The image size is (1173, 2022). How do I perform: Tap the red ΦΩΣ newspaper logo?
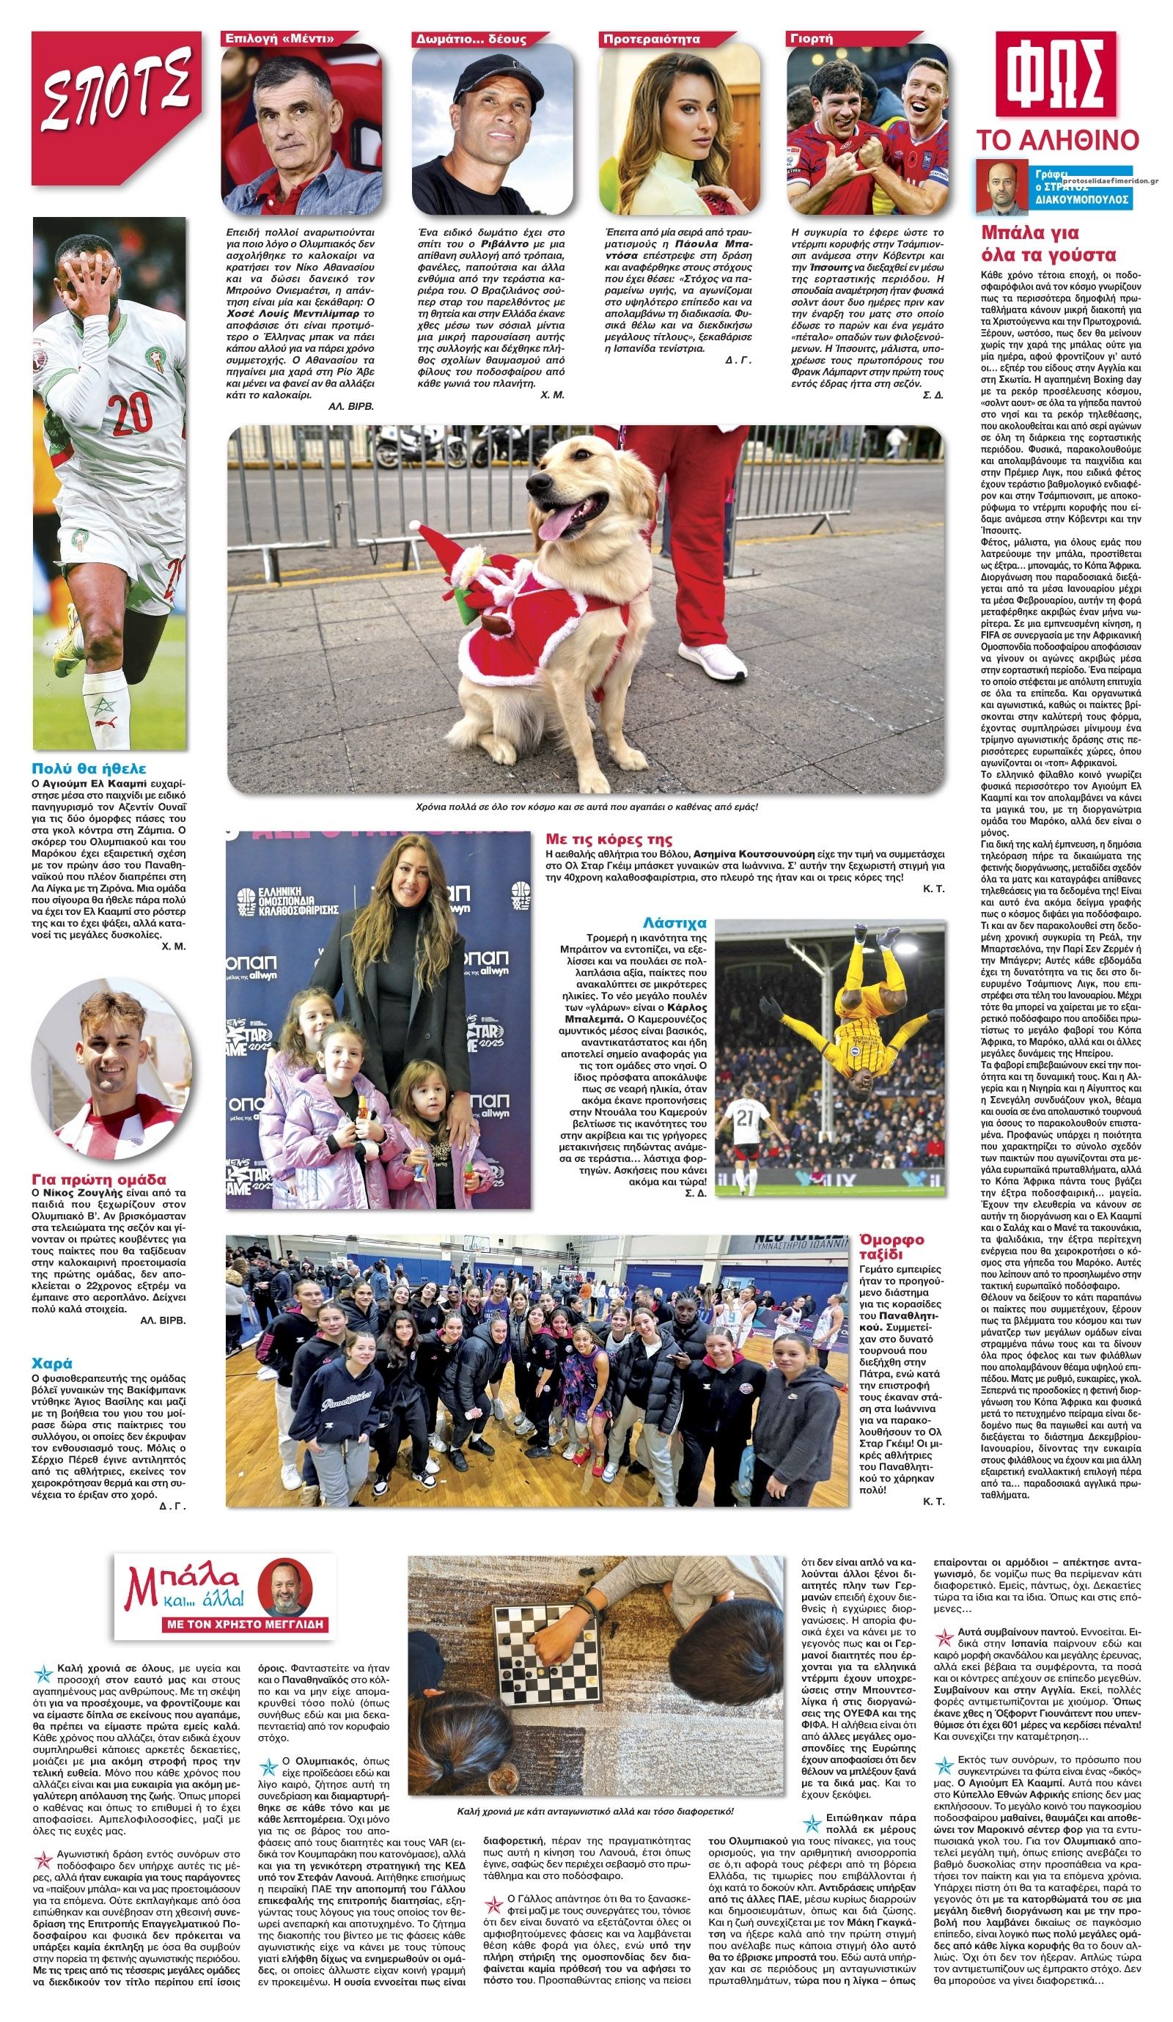[1055, 75]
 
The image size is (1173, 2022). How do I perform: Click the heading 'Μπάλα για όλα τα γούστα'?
[1048, 244]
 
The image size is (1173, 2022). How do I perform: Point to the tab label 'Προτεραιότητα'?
[652, 39]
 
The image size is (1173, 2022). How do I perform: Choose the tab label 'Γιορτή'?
[812, 39]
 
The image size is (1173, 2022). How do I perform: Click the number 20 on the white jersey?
[130, 413]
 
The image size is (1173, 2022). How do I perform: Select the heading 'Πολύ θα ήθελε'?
[89, 768]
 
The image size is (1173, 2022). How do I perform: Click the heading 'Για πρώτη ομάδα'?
[99, 1179]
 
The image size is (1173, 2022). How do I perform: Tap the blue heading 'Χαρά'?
[52, 1362]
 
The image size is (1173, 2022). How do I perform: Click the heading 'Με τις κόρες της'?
[608, 839]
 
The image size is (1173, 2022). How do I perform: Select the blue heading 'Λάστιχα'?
[674, 923]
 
